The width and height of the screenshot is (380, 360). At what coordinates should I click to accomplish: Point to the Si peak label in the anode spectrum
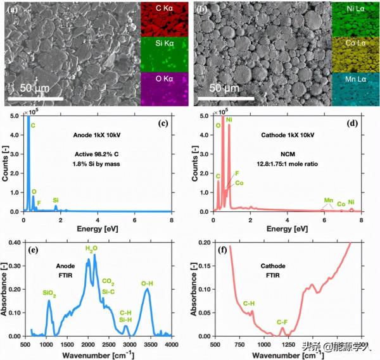tap(56, 199)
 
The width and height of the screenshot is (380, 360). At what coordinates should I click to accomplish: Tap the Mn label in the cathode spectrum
tap(329, 201)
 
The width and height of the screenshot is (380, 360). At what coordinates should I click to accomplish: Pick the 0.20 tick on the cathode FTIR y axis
tap(205, 242)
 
